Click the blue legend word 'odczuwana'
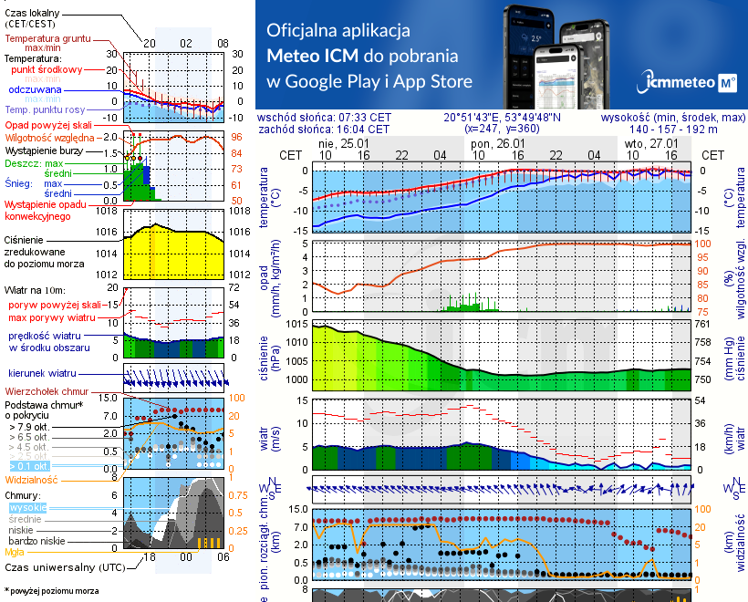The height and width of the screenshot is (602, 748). point(35,90)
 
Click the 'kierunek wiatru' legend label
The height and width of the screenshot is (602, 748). point(42,373)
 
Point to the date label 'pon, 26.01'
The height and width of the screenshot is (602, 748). point(498,144)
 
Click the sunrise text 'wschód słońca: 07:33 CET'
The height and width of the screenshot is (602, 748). point(324,118)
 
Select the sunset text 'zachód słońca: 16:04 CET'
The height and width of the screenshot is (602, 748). point(324,130)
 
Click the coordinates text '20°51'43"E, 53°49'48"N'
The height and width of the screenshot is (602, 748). point(503,118)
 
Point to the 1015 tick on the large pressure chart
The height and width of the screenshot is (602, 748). point(297,324)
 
